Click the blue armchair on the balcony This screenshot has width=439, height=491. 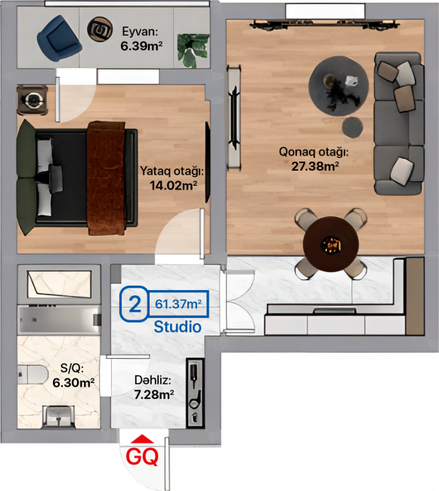tap(59, 39)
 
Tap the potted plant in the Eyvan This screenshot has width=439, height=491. tap(193, 51)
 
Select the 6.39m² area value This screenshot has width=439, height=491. tap(141, 46)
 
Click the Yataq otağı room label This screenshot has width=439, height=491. tap(172, 171)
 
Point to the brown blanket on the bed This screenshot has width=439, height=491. tap(106, 178)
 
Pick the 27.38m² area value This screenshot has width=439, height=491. tap(315, 166)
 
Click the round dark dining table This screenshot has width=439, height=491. tap(331, 243)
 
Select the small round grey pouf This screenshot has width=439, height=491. tap(353, 127)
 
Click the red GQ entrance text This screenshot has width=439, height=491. tap(143, 457)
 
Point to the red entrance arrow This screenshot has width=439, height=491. tap(142, 439)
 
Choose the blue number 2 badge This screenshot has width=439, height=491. tap(134, 304)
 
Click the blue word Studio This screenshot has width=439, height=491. tap(178, 327)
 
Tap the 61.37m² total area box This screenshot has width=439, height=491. tap(178, 304)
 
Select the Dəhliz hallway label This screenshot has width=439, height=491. tap(153, 380)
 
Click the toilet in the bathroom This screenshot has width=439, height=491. tap(32, 375)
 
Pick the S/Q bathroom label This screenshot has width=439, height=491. tap(72, 369)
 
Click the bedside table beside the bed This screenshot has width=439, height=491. tap(32, 100)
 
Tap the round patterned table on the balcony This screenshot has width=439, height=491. tap(100, 29)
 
